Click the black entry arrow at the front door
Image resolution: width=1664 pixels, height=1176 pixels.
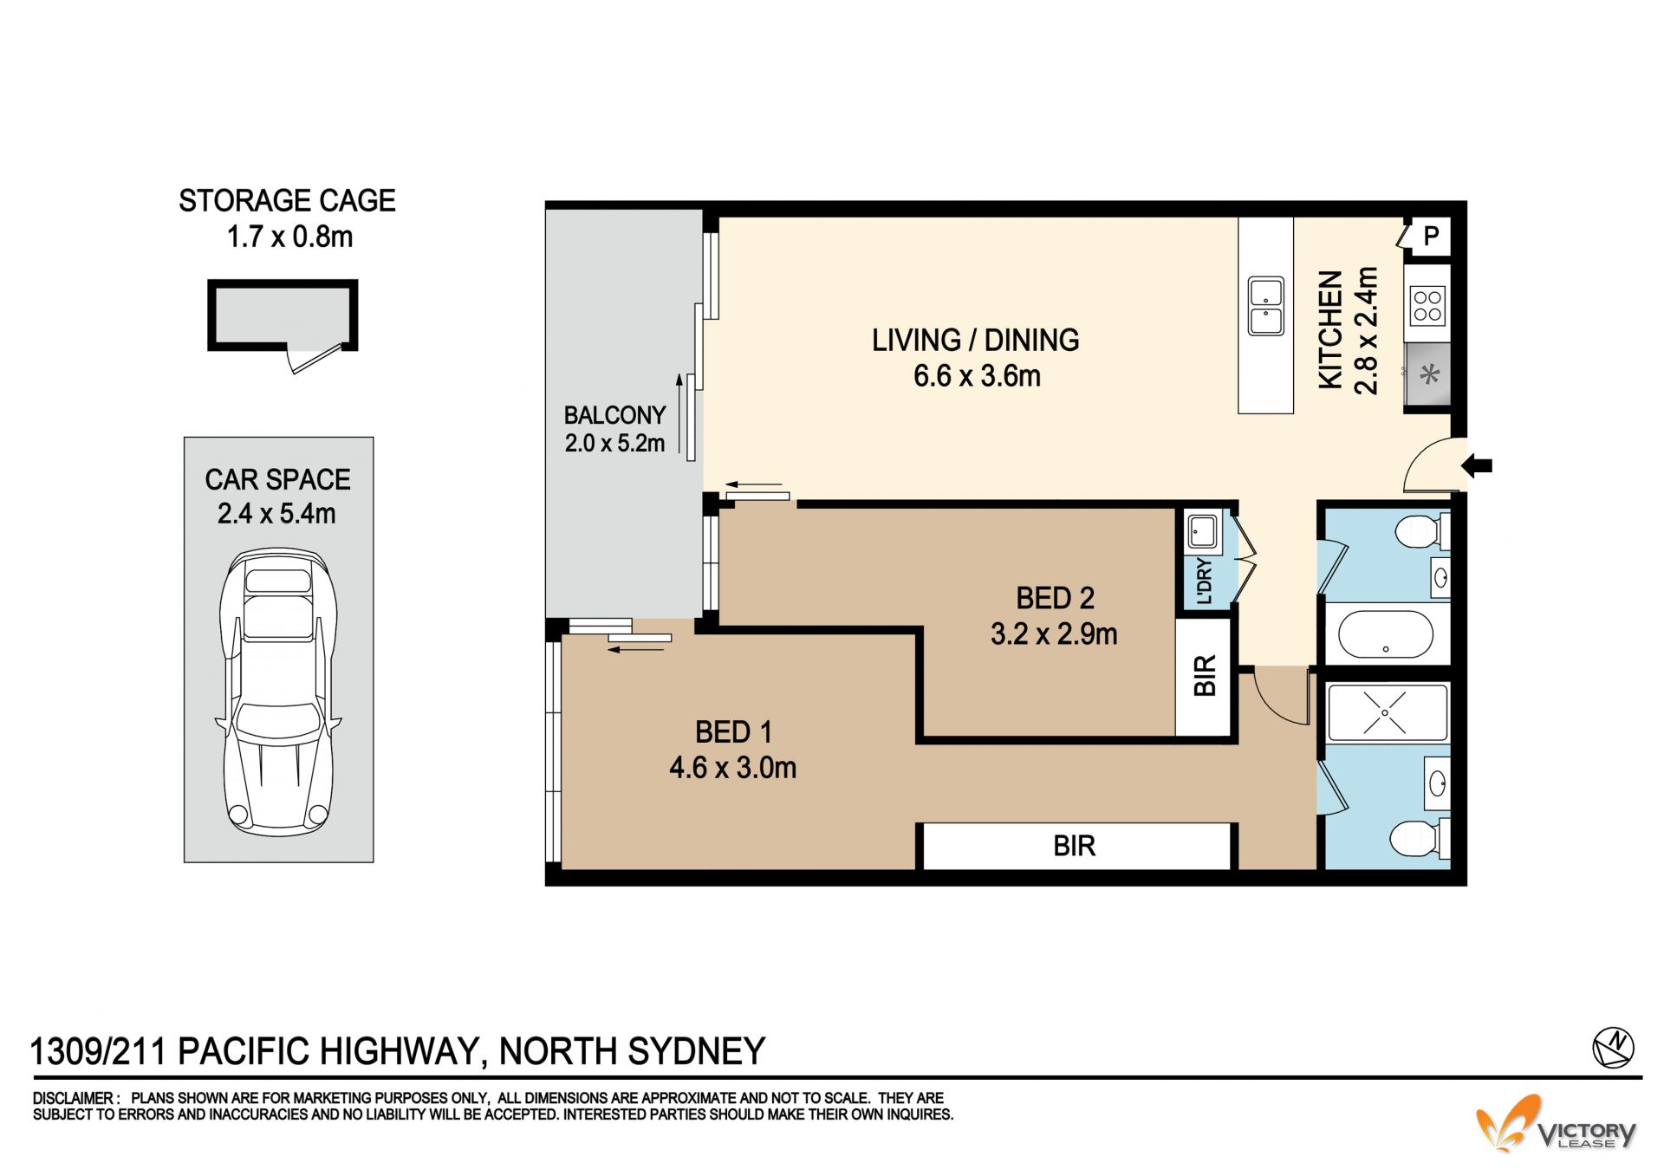[1477, 466]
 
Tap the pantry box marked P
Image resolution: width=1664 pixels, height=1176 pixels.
[1430, 236]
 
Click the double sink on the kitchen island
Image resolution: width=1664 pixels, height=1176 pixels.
[1266, 306]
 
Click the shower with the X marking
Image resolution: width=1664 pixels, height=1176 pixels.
[1387, 712]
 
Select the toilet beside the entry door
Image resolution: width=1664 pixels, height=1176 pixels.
[1421, 530]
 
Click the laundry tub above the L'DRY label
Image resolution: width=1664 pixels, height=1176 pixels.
[1202, 531]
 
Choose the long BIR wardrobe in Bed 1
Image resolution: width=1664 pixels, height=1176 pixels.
[1075, 846]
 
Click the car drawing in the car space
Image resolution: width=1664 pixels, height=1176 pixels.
[278, 691]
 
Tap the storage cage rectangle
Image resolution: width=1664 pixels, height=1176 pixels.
[283, 315]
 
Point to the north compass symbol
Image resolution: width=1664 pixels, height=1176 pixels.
[1613, 1047]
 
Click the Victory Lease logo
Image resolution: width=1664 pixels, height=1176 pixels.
[1556, 1124]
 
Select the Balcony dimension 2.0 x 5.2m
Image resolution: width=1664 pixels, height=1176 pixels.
[614, 444]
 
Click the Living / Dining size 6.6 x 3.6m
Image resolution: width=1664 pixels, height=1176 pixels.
[977, 376]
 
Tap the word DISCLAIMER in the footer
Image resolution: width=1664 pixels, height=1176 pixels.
[73, 1098]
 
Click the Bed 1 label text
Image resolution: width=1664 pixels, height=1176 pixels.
[733, 732]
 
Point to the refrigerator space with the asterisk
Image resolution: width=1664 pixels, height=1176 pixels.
[1427, 374]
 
